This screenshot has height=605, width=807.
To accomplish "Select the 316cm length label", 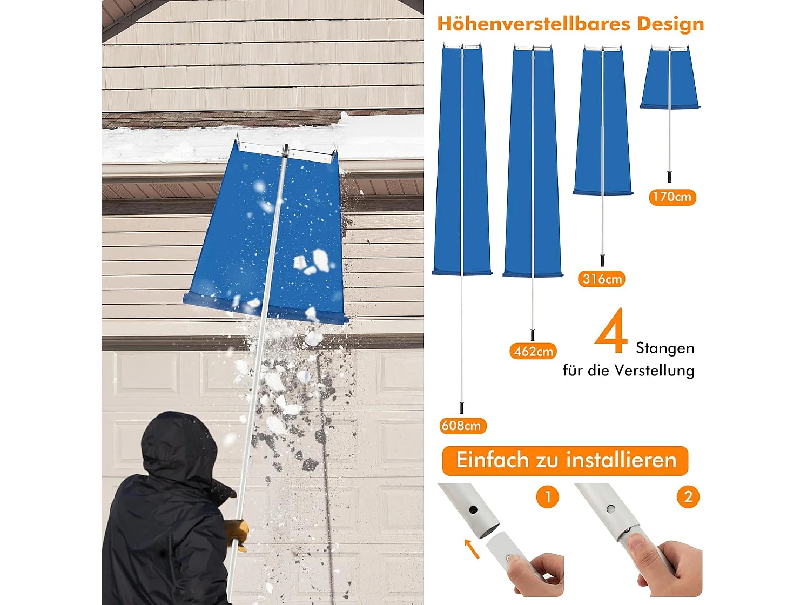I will click(x=602, y=279).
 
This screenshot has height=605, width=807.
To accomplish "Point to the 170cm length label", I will click(x=672, y=197).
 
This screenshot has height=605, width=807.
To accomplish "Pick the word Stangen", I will click(x=665, y=348).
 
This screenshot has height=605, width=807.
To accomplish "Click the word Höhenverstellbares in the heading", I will click(x=534, y=24).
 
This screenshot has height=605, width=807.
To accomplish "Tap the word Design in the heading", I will click(x=670, y=24).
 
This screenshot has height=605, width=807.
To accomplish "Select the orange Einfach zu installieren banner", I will click(x=565, y=460).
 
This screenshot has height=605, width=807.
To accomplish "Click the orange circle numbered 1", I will click(x=547, y=496).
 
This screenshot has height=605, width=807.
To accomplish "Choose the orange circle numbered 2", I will click(x=688, y=496).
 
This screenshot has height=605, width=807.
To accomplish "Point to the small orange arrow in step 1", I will click(x=471, y=548).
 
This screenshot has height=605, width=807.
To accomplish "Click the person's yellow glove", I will click(x=237, y=532).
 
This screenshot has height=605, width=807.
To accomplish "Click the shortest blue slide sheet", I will click(x=670, y=78).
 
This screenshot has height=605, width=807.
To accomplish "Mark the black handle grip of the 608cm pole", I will click(x=462, y=408).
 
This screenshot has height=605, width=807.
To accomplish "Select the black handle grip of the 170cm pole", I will click(x=670, y=177).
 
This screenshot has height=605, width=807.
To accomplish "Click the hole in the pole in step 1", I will click(x=473, y=509).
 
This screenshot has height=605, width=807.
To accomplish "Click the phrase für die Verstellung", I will click(x=628, y=371).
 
